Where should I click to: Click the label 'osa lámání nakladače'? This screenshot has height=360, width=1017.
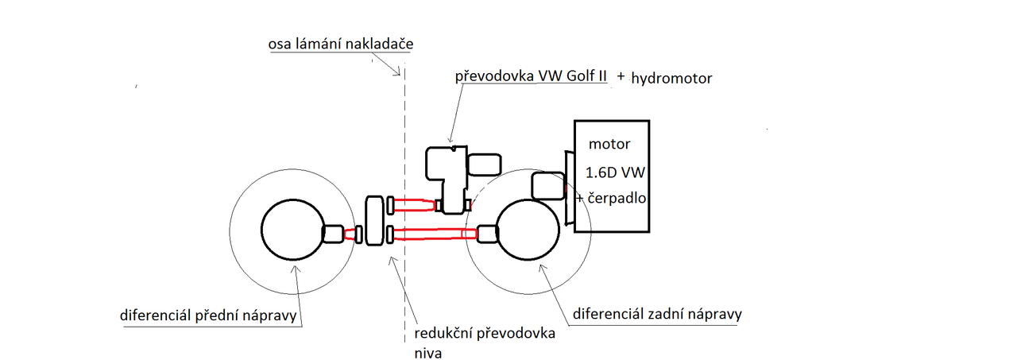[341, 44]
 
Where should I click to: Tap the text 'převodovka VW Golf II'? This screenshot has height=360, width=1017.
[531, 75]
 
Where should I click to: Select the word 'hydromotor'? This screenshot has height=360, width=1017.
[671, 78]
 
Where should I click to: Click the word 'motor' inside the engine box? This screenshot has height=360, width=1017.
[609, 144]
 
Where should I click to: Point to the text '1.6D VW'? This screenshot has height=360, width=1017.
[615, 172]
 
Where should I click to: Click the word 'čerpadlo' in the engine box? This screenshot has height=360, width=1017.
[617, 198]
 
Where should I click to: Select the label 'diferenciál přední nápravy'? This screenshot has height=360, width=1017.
[208, 315]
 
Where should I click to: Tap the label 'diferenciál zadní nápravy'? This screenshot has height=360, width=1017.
[657, 314]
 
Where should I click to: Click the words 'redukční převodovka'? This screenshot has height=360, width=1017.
[485, 333]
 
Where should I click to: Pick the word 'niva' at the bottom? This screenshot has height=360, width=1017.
[427, 353]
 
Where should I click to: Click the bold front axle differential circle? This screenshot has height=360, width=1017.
[262, 229]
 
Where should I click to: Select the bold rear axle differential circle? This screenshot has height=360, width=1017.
[497, 229]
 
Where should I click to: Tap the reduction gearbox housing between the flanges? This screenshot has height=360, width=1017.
[374, 221]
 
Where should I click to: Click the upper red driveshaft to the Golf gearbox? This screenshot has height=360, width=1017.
[415, 205]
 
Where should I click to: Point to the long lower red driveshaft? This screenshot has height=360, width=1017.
[435, 234]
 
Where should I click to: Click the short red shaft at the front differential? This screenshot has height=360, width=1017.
[350, 234]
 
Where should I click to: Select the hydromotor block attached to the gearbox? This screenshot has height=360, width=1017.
[484, 165]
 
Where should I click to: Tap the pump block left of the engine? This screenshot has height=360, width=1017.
[548, 186]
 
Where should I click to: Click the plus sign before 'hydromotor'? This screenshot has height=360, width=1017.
[621, 76]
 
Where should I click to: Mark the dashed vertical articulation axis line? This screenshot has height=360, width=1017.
[404, 205]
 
